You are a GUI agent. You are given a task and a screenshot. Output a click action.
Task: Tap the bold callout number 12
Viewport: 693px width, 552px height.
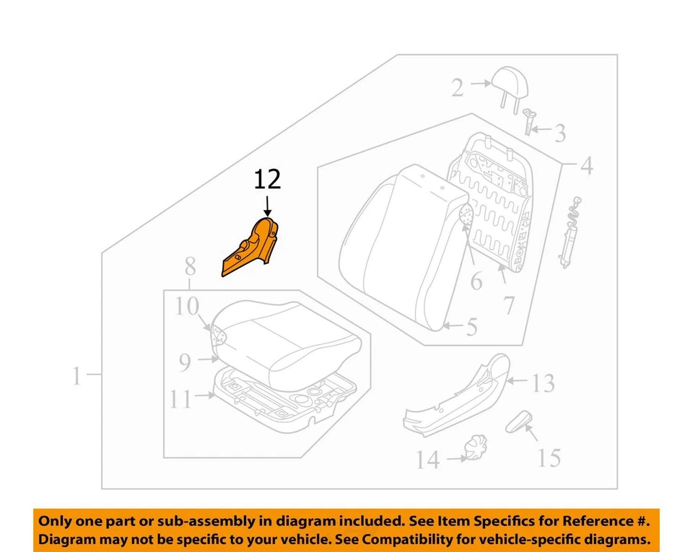pyautogui.click(x=267, y=180)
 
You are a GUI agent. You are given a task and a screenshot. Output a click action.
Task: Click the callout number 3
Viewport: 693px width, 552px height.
pyautogui.click(x=559, y=133)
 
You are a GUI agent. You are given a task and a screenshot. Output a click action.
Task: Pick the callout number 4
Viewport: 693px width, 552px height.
pyautogui.click(x=586, y=167)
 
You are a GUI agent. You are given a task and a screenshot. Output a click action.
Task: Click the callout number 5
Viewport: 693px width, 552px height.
pyautogui.click(x=471, y=328)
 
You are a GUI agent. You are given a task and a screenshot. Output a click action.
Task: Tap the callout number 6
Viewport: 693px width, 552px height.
pyautogui.click(x=476, y=281)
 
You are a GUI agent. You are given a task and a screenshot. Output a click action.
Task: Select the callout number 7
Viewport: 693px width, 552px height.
pyautogui.click(x=508, y=305)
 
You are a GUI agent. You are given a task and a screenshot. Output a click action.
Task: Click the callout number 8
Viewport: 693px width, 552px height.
pyautogui.click(x=190, y=267)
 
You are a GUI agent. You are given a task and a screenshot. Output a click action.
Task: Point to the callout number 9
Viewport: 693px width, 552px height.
pyautogui.click(x=186, y=363)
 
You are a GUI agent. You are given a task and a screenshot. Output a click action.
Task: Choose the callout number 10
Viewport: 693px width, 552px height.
pyautogui.click(x=186, y=307)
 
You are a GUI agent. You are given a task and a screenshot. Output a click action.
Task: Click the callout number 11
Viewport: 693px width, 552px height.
pyautogui.click(x=181, y=399)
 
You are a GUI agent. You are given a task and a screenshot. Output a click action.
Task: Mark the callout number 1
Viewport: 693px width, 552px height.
pyautogui.click(x=77, y=376)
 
